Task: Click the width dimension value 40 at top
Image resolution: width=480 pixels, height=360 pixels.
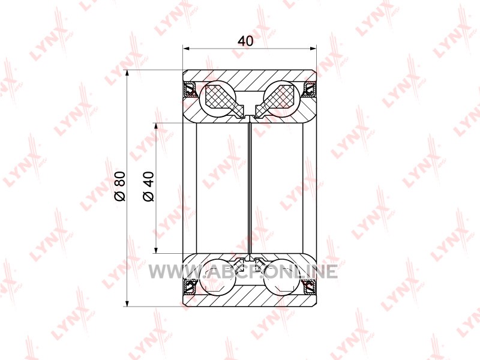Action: [245, 40]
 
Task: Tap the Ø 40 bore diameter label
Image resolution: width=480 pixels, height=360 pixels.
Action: [148, 187]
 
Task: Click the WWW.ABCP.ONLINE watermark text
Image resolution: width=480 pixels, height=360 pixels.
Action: [244, 272]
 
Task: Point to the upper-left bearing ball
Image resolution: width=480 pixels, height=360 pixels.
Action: [217, 99]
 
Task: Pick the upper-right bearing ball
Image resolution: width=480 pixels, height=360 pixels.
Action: [281, 99]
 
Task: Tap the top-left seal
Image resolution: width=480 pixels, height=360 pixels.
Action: [190, 89]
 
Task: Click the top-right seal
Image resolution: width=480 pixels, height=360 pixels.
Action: [310, 89]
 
